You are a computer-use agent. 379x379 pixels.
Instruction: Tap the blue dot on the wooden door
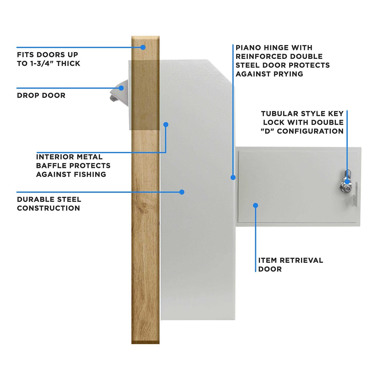143,47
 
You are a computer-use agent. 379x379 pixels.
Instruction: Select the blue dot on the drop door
122,88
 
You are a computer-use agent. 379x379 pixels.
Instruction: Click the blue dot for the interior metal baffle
166,125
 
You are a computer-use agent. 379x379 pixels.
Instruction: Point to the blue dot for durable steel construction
182,192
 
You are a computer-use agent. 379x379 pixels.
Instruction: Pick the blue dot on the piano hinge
233,177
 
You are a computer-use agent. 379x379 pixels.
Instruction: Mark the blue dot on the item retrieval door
256,205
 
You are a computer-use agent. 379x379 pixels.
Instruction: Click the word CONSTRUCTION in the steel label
49,208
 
